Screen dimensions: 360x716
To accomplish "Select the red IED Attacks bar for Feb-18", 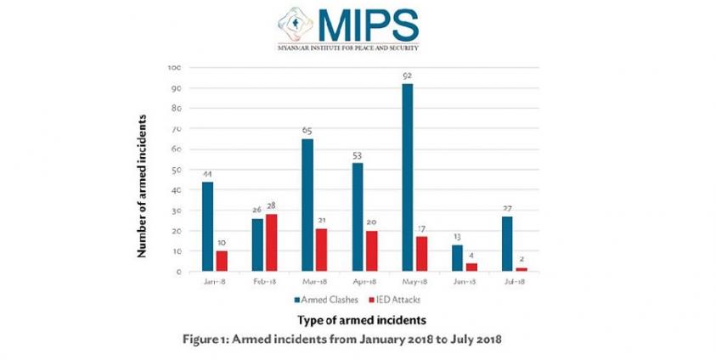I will click(x=273, y=243).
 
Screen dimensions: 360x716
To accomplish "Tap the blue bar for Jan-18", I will click(x=208, y=227).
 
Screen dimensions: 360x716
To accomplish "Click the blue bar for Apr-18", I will click(x=358, y=217).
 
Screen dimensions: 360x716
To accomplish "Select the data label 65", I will click(x=308, y=132).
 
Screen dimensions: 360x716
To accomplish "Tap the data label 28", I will click(x=273, y=206).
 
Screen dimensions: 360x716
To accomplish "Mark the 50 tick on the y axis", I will click(x=175, y=170).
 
